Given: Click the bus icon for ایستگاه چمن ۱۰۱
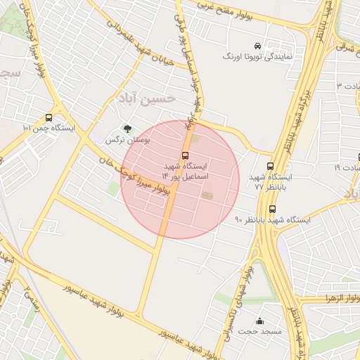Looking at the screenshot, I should tap(49, 118).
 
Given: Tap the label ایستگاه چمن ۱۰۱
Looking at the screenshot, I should tap(47, 129).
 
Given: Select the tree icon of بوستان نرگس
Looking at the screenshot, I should tap(127, 129).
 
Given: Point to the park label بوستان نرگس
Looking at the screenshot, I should tap(120, 140).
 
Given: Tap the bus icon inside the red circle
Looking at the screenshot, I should tap(186, 155).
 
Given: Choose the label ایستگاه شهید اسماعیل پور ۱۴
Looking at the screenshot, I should tap(185, 171).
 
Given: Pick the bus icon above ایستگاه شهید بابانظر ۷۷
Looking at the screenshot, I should tap(271, 167).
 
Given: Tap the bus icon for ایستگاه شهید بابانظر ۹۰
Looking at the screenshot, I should tap(272, 209).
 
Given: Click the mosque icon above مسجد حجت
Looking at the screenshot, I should tap(260, 320).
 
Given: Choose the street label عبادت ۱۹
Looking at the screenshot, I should tap(347, 168).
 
